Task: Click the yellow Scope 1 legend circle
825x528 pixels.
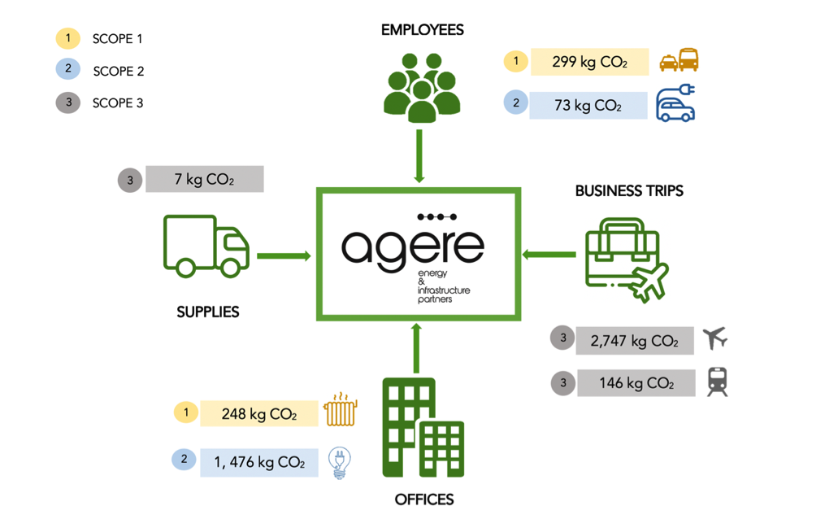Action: tap(68, 38)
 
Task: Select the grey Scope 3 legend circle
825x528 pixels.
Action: tap(68, 103)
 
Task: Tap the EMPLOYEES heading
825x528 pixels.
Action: tap(423, 30)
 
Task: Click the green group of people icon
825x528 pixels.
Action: tap(422, 88)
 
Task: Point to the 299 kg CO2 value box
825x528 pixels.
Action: tap(589, 62)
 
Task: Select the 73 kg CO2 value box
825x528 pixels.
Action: tap(588, 105)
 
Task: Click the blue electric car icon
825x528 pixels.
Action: tap(675, 103)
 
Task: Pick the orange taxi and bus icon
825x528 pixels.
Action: tap(680, 59)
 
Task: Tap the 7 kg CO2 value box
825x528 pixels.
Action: tap(205, 179)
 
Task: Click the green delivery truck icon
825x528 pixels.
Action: tap(206, 246)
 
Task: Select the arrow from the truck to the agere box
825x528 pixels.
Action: tap(284, 256)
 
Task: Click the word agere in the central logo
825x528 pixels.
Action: tap(413, 247)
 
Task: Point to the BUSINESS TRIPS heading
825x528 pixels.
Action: tap(629, 191)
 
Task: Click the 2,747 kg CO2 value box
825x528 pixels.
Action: tap(635, 341)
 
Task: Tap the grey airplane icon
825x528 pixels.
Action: tap(715, 338)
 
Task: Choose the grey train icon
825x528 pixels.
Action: tap(718, 382)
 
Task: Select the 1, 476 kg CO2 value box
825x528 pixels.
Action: tap(259, 462)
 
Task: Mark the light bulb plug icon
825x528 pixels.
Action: tap(340, 463)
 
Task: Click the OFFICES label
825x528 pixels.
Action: tap(424, 500)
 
